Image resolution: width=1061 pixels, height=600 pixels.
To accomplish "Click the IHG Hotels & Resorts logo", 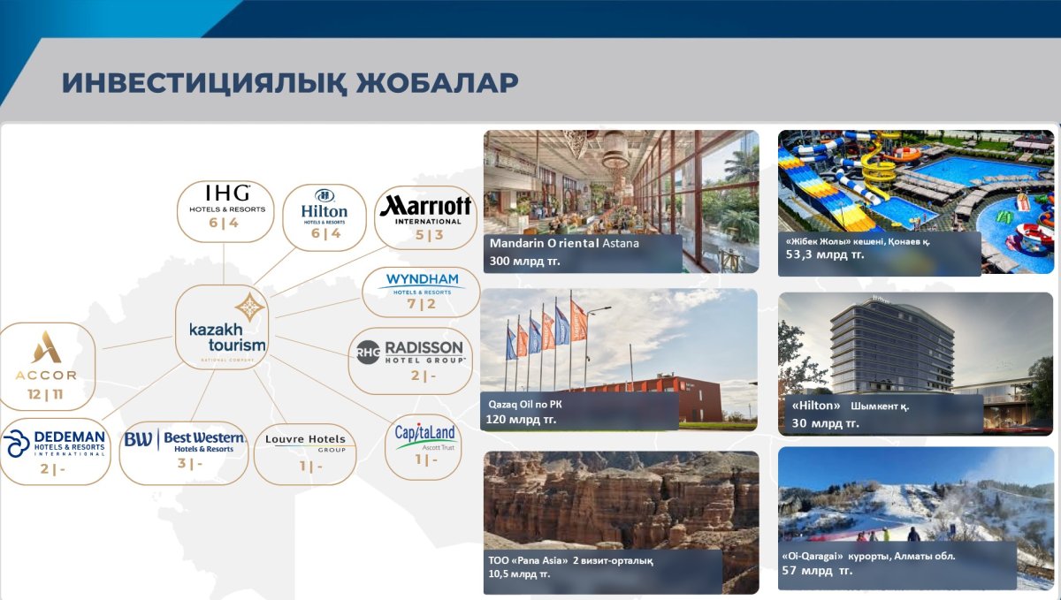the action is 227,199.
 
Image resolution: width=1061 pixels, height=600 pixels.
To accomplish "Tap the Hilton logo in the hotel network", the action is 324,207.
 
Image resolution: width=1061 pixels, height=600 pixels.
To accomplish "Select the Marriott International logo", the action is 426,209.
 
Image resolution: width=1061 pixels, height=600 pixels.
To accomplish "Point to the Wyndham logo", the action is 422,284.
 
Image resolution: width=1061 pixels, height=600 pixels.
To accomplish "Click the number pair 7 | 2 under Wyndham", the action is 422,304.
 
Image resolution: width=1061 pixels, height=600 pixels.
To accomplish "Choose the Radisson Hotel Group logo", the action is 410,352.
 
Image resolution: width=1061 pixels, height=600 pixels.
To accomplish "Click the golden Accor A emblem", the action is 46,347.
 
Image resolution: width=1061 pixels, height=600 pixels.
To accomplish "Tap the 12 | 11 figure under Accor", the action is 45,394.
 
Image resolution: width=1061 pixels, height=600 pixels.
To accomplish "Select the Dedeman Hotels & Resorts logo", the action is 54,444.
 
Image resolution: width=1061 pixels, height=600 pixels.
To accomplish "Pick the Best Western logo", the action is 184,441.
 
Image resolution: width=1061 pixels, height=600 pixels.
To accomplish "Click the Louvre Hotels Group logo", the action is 306,443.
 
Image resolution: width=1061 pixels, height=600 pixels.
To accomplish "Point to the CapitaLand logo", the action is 424,437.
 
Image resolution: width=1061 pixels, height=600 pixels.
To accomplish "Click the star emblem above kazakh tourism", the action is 249,307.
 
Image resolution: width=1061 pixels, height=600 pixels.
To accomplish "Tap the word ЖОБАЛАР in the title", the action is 437,83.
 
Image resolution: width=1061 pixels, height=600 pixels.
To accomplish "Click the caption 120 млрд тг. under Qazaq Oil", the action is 521,419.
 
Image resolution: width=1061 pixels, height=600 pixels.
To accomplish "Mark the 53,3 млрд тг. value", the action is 825,254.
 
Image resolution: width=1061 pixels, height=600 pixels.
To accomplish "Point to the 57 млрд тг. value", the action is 817,571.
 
